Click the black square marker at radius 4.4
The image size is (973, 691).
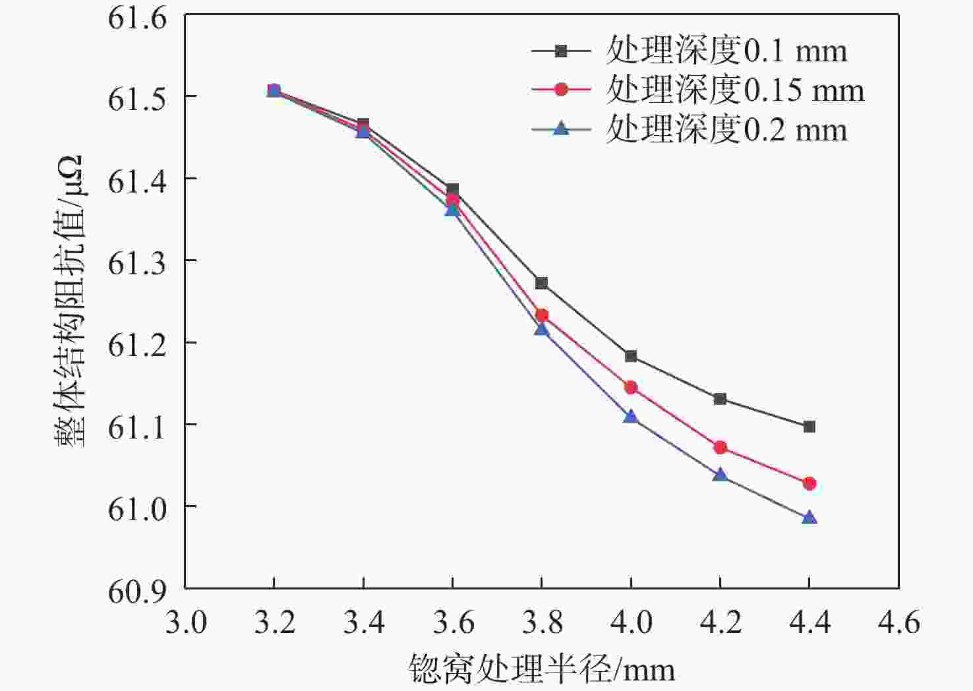tap(809, 427)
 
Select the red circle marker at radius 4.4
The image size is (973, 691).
tap(809, 483)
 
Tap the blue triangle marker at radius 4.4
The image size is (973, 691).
tap(809, 518)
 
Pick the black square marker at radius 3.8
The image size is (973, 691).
tap(541, 283)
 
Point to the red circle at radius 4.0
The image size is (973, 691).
tap(631, 387)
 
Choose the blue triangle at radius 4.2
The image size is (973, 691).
tap(720, 475)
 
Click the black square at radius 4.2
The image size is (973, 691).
tap(720, 399)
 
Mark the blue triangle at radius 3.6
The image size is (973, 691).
tap(452, 210)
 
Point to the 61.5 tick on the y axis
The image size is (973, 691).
tap(138, 98)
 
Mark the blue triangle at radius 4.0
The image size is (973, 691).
tap(631, 416)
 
